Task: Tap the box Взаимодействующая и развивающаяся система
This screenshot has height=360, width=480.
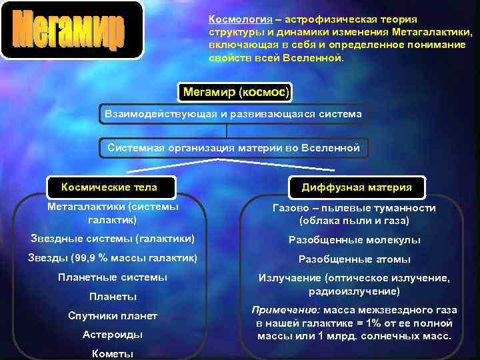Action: click(233, 114)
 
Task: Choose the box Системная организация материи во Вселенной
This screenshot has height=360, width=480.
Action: click(233, 147)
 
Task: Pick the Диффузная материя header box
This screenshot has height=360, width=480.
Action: click(357, 187)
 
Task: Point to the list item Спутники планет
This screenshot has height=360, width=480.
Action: click(113, 315)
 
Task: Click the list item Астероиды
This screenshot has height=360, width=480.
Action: click(113, 334)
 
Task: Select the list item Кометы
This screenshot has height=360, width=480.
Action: click(113, 353)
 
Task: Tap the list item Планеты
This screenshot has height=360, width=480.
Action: click(113, 296)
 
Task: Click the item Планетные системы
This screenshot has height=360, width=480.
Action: click(113, 277)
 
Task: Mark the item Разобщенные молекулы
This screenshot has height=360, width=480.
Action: click(354, 240)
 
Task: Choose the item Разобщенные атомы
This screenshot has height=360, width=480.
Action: click(354, 259)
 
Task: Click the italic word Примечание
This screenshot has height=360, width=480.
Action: click(285, 310)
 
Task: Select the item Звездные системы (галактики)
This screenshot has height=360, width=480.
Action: click(113, 238)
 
